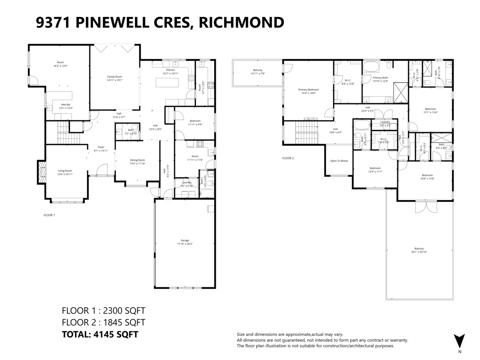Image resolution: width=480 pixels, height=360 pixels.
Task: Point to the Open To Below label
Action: pyautogui.click(x=339, y=161)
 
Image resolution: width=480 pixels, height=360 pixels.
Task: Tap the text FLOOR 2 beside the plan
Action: pyautogui.click(x=288, y=158)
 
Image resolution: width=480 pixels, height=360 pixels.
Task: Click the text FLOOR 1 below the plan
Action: pyautogui.click(x=49, y=215)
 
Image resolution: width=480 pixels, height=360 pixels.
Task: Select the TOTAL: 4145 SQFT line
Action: pyautogui.click(x=100, y=334)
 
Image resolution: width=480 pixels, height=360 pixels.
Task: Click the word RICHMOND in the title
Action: pyautogui.click(x=242, y=22)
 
